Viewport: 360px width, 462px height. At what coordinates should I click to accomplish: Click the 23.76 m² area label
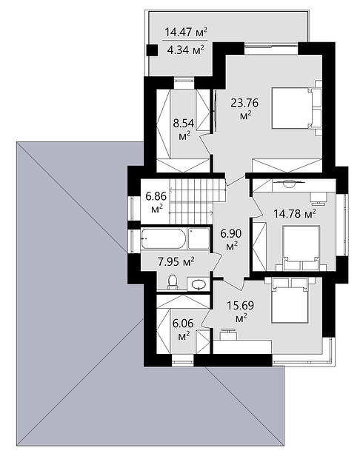244,109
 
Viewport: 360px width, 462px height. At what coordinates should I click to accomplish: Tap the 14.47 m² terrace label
185,32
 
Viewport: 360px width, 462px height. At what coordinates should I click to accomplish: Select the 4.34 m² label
185,50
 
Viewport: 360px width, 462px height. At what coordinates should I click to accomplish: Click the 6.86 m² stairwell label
156,202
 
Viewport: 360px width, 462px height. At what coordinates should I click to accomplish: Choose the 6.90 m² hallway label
231,239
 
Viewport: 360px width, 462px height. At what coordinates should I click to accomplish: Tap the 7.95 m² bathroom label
176,261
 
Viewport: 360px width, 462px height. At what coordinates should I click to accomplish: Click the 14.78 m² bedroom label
295,213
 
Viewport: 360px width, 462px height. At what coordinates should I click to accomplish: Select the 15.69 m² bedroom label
240,311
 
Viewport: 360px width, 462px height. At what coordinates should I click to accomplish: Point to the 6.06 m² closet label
183,329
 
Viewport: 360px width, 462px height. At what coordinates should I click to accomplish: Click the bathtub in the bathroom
164,238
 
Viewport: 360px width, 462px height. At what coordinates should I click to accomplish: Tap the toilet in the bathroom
173,282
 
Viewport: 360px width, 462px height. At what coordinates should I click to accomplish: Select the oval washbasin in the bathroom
199,284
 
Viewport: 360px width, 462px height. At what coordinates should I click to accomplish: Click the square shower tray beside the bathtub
199,238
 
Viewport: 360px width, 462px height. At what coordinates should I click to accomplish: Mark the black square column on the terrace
152,50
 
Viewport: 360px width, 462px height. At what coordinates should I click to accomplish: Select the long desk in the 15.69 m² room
242,346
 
